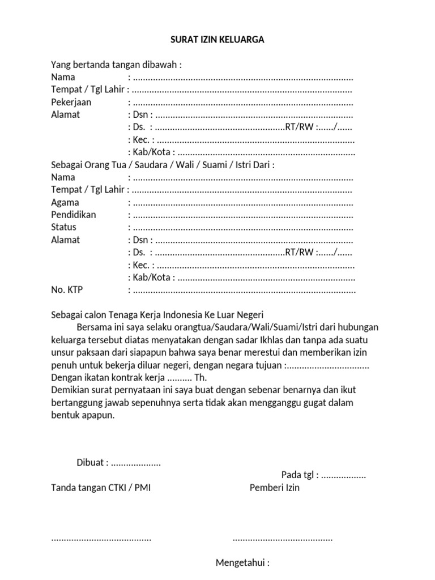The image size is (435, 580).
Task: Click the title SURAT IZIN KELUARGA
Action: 217,40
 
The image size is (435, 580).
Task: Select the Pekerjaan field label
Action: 71,103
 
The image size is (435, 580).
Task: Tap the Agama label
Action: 65,202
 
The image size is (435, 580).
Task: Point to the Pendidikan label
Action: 74,215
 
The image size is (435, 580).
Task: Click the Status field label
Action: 63,227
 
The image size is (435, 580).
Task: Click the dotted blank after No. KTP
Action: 244,290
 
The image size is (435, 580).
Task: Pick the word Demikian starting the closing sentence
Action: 70,390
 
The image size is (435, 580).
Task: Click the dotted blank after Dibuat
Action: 136,463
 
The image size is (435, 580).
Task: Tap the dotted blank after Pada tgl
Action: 343,475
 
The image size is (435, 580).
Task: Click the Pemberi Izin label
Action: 275,488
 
